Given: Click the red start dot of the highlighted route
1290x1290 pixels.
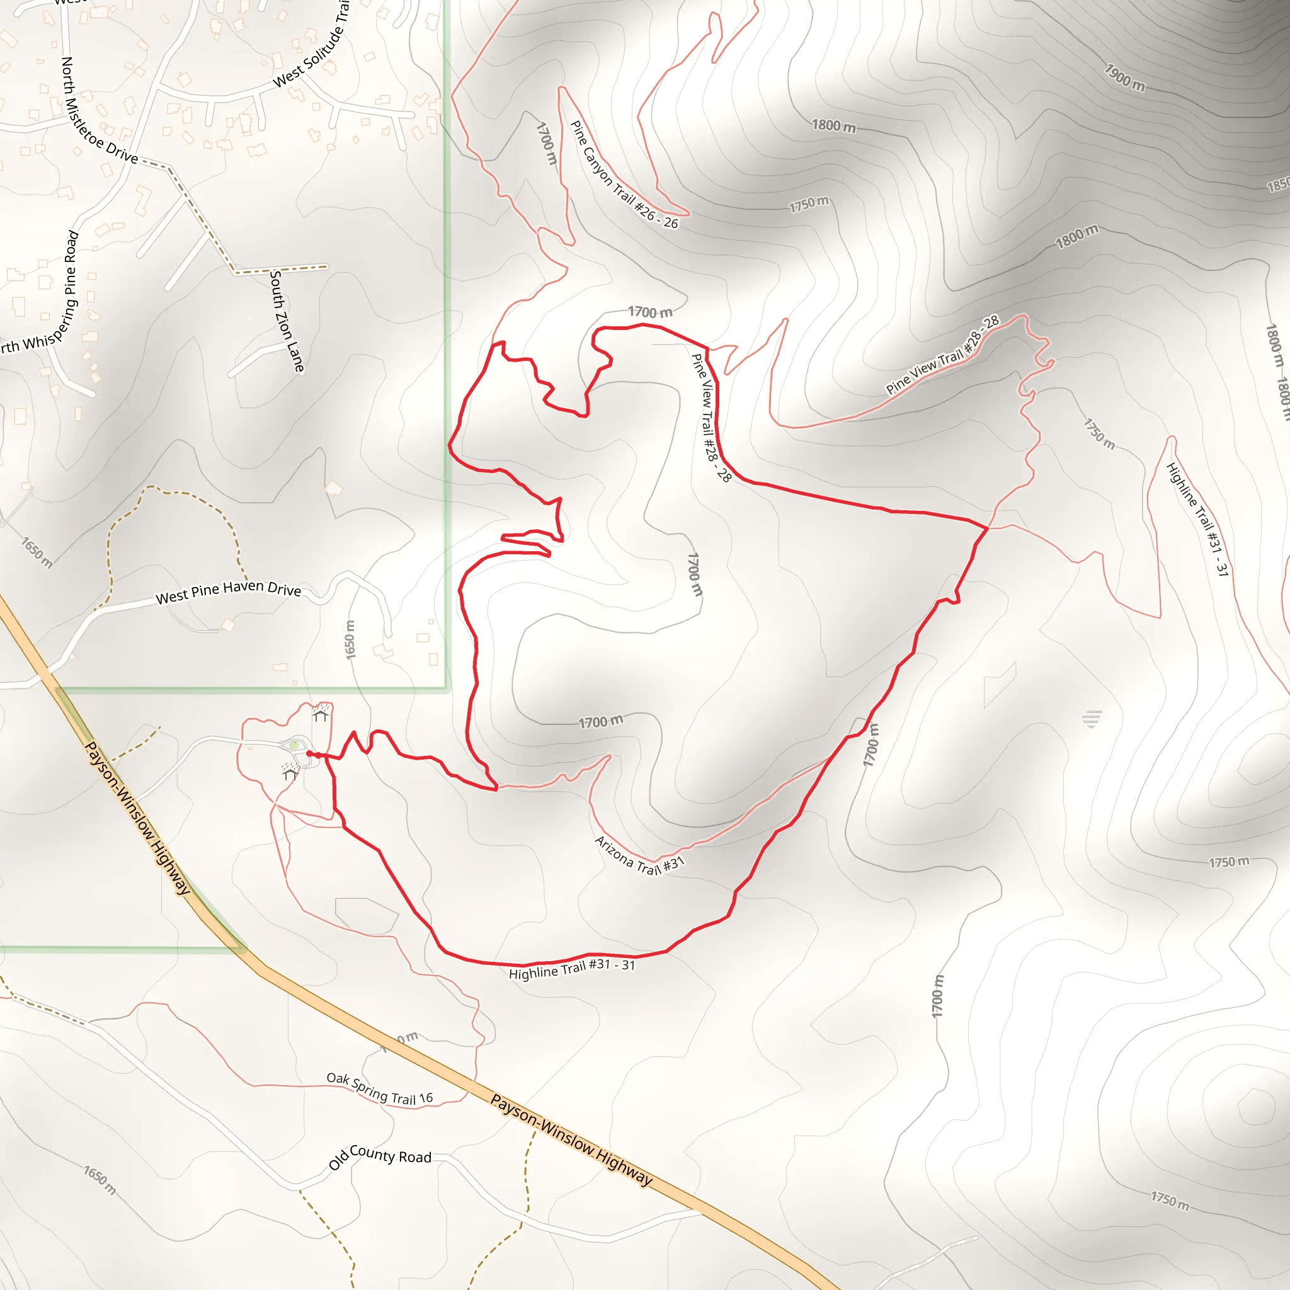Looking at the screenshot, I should click(309, 754).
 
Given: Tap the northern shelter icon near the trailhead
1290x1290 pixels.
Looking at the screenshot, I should click(321, 715).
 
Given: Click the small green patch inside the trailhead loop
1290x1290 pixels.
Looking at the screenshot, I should click(294, 745).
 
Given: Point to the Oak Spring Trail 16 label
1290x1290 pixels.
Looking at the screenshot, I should click(379, 1088).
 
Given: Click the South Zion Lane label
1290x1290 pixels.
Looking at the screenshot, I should click(287, 321).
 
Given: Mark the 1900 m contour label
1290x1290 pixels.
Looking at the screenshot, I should click(1124, 77).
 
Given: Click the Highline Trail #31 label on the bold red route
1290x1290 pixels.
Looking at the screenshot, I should click(571, 969).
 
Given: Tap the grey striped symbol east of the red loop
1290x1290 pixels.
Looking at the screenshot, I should click(1092, 719).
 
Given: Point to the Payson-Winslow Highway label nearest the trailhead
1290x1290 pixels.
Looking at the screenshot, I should click(137, 818).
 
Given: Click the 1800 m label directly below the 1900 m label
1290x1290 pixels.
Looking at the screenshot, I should click(833, 125).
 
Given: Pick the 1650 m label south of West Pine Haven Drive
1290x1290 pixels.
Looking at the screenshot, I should click(350, 640).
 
